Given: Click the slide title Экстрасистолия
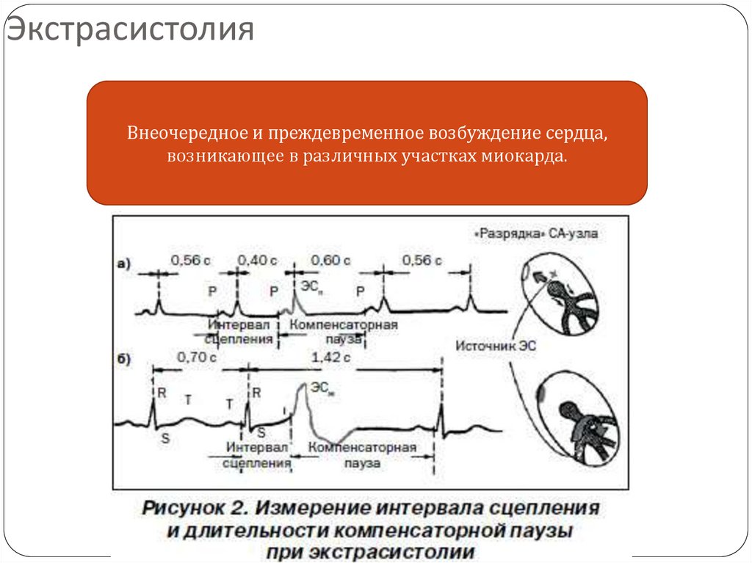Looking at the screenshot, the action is (131, 31).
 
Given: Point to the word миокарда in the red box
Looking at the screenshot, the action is (525, 156).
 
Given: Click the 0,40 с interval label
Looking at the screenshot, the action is (256, 260).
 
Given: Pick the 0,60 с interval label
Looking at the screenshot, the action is (330, 260).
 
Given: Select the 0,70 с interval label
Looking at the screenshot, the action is (197, 357).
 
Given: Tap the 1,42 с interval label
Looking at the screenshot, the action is (330, 357).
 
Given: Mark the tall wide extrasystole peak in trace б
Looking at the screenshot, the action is (301, 390).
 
